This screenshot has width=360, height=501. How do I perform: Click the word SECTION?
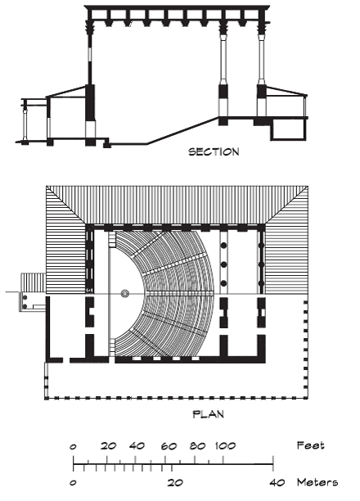[x=214, y=151]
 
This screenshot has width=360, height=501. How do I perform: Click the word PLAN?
[x=209, y=414]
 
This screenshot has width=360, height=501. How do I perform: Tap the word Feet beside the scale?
[x=310, y=445]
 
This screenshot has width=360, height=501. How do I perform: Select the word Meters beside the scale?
[x=317, y=482]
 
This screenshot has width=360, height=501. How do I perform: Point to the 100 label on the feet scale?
[x=225, y=445]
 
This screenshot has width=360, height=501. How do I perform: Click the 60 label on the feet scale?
[x=169, y=446]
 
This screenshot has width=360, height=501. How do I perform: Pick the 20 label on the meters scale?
[x=175, y=482]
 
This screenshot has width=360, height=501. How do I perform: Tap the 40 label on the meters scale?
[x=277, y=482]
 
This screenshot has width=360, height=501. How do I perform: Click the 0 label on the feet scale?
[x=73, y=446]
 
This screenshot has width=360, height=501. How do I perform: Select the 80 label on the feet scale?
[x=197, y=445]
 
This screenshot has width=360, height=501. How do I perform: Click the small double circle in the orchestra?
[x=124, y=293]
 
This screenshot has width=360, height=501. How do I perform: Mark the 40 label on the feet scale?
[x=137, y=445]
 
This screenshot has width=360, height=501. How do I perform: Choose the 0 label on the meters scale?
[x=73, y=483]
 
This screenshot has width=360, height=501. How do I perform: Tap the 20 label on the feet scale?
[x=109, y=445]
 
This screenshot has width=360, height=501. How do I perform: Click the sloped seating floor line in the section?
[x=182, y=131]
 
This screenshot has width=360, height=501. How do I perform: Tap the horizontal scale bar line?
[x=173, y=464]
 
